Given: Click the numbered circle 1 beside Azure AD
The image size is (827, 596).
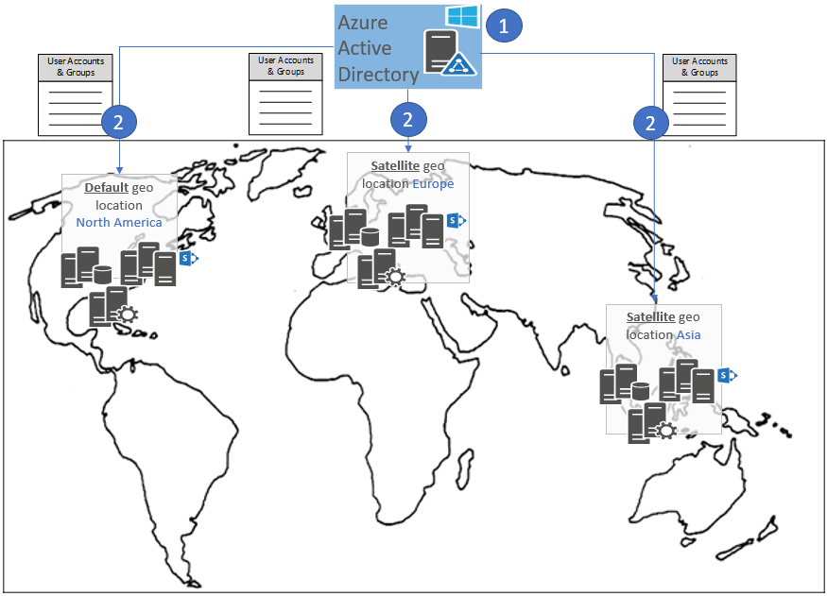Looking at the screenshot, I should point(504,26).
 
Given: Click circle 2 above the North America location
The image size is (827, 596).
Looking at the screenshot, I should point(119,121).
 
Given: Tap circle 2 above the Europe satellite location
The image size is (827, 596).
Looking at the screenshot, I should point(408,119).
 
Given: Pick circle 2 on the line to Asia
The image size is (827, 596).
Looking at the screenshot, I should point(650,122).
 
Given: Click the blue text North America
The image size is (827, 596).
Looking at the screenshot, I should point(119,223).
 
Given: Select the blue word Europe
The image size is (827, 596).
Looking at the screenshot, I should point(433,184).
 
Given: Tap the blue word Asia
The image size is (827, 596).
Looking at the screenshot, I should point(689,335).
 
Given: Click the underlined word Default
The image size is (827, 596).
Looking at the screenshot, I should point(106,188).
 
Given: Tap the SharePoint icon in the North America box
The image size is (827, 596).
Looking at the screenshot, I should point(187,258).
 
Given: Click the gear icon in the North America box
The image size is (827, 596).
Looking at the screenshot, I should point(127,315).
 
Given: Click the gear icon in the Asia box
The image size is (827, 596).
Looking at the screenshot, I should point(666,430).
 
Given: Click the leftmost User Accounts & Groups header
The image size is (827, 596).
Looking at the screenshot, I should point(75,67).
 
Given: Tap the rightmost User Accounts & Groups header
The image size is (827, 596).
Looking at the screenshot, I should point(699,66).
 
